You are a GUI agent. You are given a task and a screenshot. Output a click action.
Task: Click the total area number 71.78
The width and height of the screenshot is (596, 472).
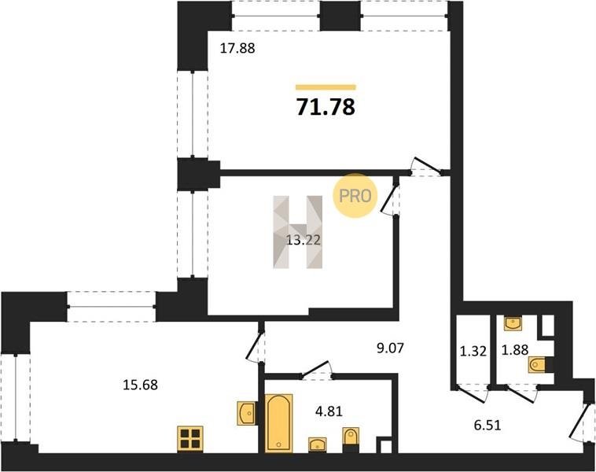[x=326, y=107]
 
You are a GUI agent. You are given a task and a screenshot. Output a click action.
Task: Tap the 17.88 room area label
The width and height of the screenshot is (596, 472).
[x=237, y=48]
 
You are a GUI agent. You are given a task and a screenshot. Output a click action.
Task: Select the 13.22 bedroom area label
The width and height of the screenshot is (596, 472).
[x=303, y=240]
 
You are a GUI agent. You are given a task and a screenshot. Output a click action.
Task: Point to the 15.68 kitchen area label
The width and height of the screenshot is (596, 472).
[x=140, y=385]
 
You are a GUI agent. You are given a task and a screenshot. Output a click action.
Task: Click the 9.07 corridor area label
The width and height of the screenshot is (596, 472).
[x=390, y=348]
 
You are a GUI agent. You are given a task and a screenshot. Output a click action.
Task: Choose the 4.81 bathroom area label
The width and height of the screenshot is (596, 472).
[x=329, y=411]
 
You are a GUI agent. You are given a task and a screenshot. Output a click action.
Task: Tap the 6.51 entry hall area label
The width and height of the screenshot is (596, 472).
[x=487, y=425]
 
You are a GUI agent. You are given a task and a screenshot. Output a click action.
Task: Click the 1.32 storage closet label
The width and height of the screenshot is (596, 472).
[x=473, y=352]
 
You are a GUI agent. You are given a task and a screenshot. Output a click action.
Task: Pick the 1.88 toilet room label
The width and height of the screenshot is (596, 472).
[x=515, y=350]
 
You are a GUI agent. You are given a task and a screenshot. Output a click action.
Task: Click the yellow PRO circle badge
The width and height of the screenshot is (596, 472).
[x=355, y=196]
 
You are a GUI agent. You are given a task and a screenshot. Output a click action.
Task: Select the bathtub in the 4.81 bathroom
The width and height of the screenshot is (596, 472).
[x=278, y=423]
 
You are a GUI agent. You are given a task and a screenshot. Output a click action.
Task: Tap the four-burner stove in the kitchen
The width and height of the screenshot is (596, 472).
[x=190, y=439]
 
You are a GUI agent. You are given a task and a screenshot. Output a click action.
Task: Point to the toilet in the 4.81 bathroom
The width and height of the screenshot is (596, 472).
[x=351, y=439]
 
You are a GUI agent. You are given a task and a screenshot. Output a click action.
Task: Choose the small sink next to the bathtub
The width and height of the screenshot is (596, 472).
[x=318, y=444]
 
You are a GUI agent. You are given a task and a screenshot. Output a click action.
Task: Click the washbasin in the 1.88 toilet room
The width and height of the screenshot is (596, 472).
[x=513, y=323]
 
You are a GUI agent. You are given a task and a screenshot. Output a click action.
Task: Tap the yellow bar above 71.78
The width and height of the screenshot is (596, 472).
[x=326, y=87]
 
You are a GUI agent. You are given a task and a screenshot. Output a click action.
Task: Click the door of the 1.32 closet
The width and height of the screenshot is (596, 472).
[x=472, y=393]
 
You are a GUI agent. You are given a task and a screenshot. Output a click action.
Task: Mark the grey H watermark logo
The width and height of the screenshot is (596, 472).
[x=298, y=232]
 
